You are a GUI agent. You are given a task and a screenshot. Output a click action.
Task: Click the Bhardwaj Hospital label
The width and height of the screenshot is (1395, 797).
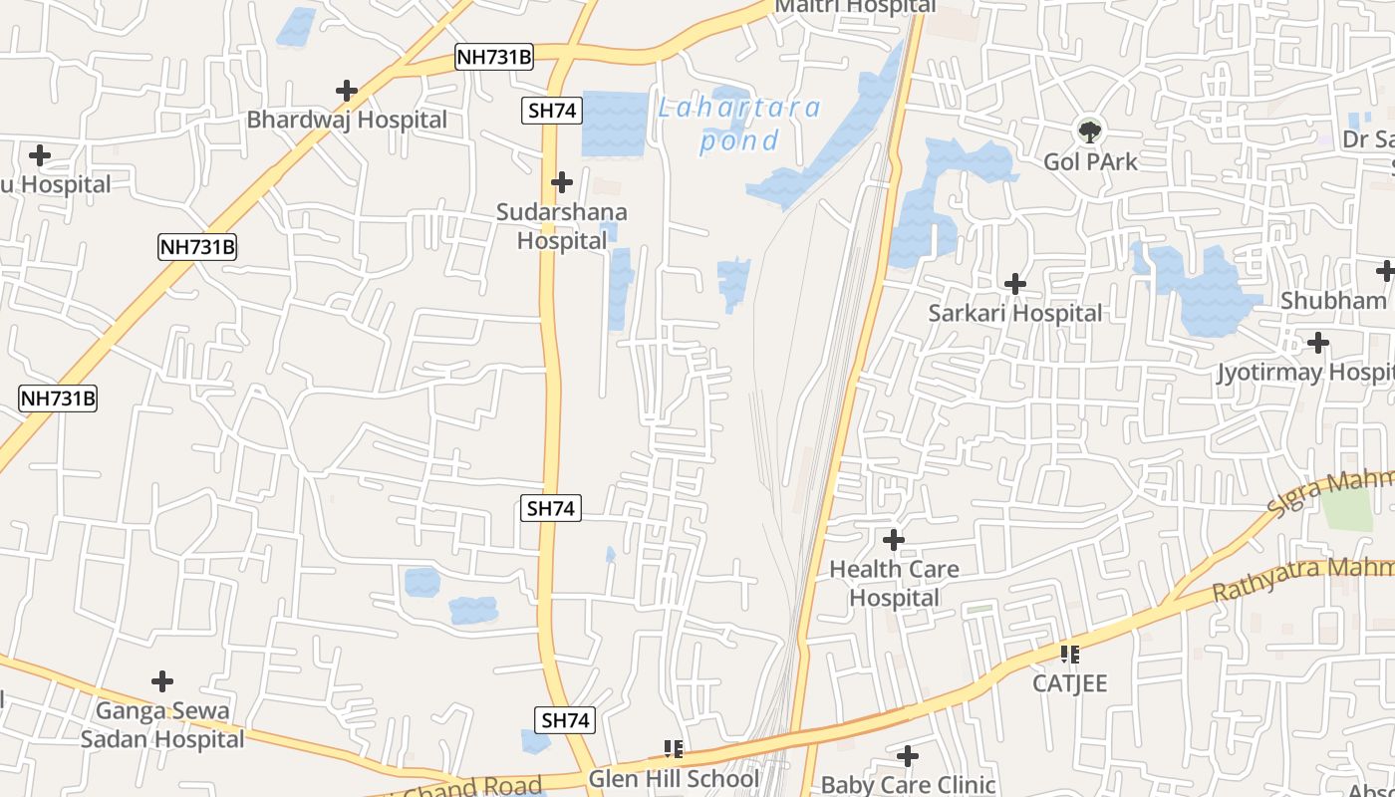(x=347, y=120)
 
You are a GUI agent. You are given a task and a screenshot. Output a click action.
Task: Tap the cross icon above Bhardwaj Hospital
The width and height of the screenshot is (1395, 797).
(x=347, y=91)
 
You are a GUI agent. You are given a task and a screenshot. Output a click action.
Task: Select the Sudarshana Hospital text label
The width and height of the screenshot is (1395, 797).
(x=562, y=226)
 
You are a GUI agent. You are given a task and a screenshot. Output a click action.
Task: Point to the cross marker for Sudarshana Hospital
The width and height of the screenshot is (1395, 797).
(x=562, y=182)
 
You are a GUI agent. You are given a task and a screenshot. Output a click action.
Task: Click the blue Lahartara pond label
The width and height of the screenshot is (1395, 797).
(x=739, y=124)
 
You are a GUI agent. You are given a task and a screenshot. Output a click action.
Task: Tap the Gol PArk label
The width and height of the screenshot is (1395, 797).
(x=1090, y=161)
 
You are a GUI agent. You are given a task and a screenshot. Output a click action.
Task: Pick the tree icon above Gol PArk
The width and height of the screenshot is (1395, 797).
(x=1090, y=131)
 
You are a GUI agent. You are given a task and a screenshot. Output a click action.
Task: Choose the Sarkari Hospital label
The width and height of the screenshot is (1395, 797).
(x=1015, y=313)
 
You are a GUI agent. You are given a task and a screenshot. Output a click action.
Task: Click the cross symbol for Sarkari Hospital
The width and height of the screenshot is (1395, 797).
(x=1015, y=284)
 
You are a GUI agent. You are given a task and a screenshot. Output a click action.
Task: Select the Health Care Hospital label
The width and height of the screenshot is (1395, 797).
(x=894, y=584)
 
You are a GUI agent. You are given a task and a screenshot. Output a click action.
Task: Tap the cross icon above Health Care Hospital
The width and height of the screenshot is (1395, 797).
(x=894, y=540)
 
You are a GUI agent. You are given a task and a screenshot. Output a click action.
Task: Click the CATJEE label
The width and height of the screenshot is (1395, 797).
(x=1069, y=683)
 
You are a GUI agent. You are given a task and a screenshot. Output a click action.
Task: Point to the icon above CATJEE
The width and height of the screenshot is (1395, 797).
(x=1069, y=655)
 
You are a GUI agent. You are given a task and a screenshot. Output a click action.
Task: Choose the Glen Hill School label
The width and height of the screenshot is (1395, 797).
(x=674, y=778)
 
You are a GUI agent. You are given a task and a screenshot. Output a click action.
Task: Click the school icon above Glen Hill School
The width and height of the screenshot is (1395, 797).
(x=674, y=748)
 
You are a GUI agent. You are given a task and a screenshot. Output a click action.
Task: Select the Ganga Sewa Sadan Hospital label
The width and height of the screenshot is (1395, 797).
(x=162, y=725)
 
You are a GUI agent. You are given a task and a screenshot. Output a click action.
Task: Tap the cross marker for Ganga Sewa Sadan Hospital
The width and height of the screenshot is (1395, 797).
(x=162, y=681)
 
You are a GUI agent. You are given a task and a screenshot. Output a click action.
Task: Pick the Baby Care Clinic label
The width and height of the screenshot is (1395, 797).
(x=908, y=785)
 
